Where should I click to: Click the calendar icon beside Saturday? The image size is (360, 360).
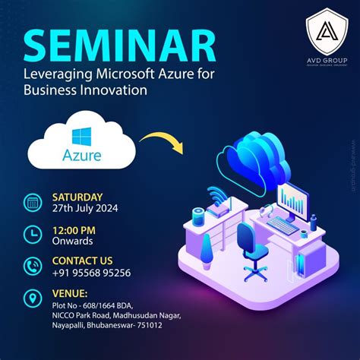(x=33, y=203)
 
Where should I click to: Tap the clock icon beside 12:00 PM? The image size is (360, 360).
(x=33, y=235)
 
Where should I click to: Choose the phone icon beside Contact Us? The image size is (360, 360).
(x=33, y=267)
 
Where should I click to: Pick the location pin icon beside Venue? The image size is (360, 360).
(x=33, y=299)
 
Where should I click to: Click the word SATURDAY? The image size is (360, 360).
(x=77, y=197)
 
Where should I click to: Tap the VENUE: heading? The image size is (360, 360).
(x=70, y=292)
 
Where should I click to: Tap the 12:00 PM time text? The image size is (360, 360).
(x=73, y=229)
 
